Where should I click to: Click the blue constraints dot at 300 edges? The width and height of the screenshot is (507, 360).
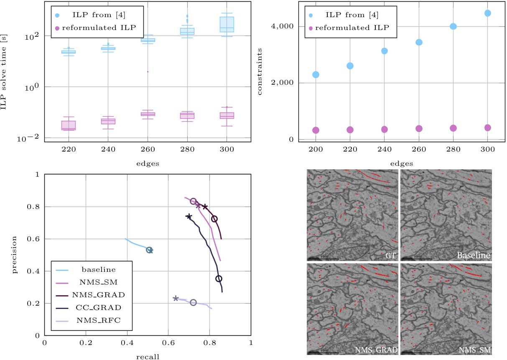[x=487, y=13]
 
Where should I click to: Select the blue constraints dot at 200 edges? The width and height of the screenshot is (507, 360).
[x=316, y=74]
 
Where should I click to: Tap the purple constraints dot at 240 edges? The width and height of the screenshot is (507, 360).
[x=384, y=129]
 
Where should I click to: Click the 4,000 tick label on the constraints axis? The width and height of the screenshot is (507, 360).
[x=281, y=26]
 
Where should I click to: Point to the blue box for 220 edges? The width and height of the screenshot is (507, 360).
[x=69, y=52]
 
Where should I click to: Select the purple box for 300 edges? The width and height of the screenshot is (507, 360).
[x=227, y=115]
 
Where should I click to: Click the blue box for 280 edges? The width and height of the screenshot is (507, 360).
[x=187, y=31]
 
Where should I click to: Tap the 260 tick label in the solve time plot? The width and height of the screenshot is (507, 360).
[x=148, y=149]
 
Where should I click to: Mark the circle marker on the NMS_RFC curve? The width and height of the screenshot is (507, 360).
[x=193, y=303]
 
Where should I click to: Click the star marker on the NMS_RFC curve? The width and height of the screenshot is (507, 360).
[x=176, y=298]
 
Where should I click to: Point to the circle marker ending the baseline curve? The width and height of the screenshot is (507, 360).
[x=149, y=250]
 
